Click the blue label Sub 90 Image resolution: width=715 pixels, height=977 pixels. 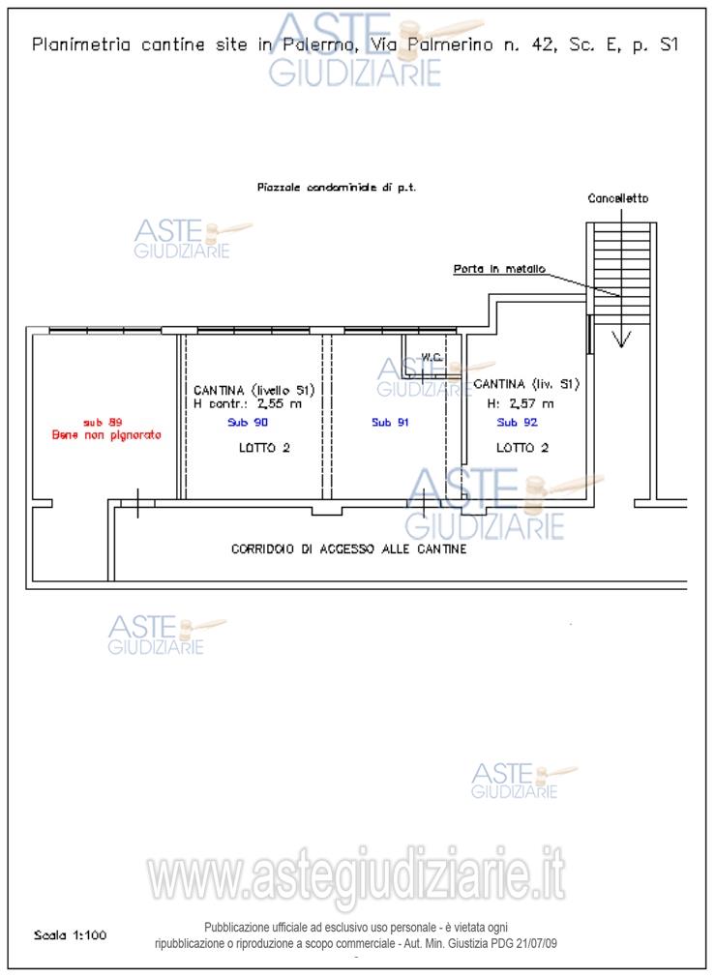248,423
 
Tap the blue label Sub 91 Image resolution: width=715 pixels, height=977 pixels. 390,423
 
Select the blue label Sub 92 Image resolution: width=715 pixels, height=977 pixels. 517,423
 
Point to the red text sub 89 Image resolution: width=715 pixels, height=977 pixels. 103,423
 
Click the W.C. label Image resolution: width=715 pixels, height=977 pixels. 432,357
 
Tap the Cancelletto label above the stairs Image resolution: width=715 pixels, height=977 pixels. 617,198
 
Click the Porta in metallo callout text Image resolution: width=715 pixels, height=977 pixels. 499,269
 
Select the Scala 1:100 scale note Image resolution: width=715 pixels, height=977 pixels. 70,935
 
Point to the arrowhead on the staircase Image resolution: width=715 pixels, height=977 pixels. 621,339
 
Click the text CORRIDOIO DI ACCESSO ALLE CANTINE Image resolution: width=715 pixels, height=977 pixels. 348,548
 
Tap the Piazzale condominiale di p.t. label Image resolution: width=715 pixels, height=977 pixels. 337,187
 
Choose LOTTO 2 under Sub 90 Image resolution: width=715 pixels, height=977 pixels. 264,448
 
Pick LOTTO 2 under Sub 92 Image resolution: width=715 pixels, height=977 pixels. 522,448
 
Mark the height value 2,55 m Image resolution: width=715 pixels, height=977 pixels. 280,403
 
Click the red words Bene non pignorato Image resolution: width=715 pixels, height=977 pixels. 106,435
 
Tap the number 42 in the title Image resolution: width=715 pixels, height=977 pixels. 542,44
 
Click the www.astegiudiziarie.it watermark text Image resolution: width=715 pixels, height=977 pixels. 356,876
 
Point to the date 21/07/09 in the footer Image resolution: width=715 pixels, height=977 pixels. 537,943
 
